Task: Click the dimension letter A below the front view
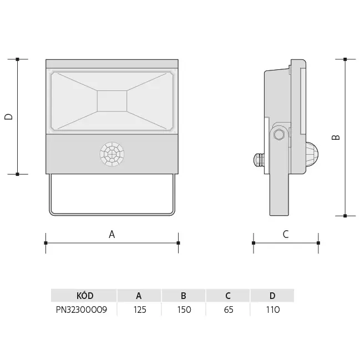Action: point(111,234)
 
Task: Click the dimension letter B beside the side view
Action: point(336,137)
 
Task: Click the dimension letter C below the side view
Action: point(286,234)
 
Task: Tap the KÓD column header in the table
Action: point(84,296)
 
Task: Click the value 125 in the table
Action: point(139,310)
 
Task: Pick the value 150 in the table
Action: point(184,310)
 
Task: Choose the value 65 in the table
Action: point(228,310)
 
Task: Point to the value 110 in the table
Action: point(272,310)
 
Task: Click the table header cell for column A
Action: point(139,296)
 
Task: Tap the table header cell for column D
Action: point(272,296)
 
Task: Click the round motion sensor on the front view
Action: point(112,154)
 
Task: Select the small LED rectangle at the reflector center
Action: point(112,101)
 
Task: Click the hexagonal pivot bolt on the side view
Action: point(279,134)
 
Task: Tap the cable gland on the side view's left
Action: point(258,160)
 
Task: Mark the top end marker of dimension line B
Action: point(345,59)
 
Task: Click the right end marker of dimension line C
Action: point(318,243)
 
